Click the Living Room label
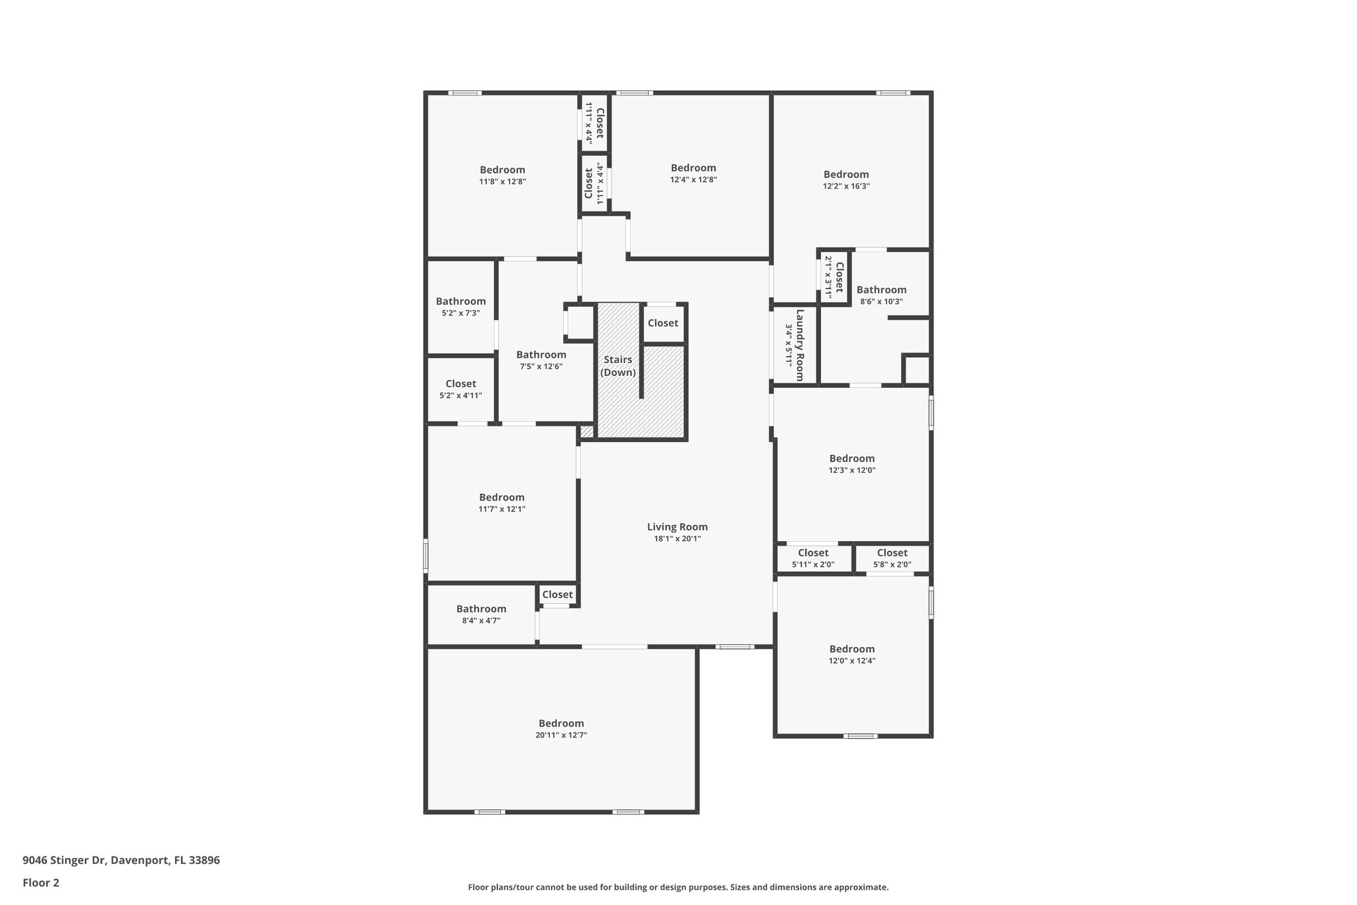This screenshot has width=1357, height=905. [677, 527]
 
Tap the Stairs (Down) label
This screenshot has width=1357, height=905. [618, 366]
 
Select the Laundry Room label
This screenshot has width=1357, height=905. [800, 345]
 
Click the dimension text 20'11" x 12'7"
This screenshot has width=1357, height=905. [561, 735]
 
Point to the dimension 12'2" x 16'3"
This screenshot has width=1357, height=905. [846, 186]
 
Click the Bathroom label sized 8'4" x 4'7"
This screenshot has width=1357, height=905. [481, 609]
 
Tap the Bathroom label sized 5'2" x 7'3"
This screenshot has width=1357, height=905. [461, 301]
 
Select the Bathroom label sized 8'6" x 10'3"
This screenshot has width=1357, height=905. [881, 290]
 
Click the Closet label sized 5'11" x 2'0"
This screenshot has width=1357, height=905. [813, 553]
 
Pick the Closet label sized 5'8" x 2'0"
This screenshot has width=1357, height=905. [892, 553]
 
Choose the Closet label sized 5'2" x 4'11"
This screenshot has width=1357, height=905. [461, 384]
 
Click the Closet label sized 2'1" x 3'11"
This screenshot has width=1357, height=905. [839, 277]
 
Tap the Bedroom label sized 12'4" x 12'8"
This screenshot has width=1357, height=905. [693, 168]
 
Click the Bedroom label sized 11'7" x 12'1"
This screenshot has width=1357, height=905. [502, 497]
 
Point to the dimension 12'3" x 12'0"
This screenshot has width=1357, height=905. [851, 470]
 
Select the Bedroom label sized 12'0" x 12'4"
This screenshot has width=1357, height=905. [851, 649]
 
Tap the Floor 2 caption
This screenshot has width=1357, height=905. [41, 882]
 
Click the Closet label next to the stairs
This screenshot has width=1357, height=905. [663, 323]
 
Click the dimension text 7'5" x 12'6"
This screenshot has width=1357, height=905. [541, 367]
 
